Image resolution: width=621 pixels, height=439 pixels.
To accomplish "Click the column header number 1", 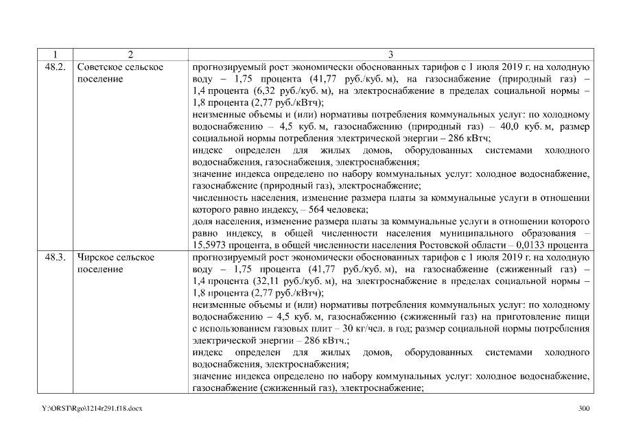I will click(54, 54).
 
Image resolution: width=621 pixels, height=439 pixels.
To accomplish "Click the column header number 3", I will click(390, 54).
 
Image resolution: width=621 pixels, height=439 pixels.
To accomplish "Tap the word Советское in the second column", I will click(101, 67).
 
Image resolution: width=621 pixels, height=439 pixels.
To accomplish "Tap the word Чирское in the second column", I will click(96, 257).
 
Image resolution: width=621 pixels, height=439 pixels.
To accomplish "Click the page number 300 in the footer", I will click(584, 409).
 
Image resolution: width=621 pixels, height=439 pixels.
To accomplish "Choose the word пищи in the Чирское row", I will click(578, 316).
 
